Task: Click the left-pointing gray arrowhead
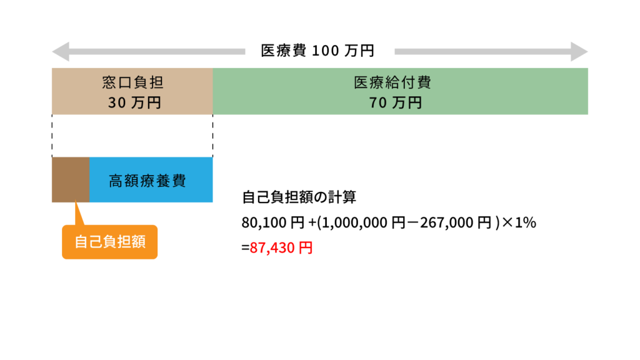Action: point(60,52)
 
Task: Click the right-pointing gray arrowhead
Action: point(579,52)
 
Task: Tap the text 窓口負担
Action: point(133,82)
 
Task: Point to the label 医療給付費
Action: point(392,82)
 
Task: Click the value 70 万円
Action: point(396,103)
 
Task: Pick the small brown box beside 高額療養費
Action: point(70,180)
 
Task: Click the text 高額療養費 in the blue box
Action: point(147,181)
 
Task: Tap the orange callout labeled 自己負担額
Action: point(110,242)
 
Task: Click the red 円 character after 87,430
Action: point(306,248)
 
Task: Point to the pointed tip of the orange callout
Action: point(75,203)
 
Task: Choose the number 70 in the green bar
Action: point(378,103)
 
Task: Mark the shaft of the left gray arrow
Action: point(156,52)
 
